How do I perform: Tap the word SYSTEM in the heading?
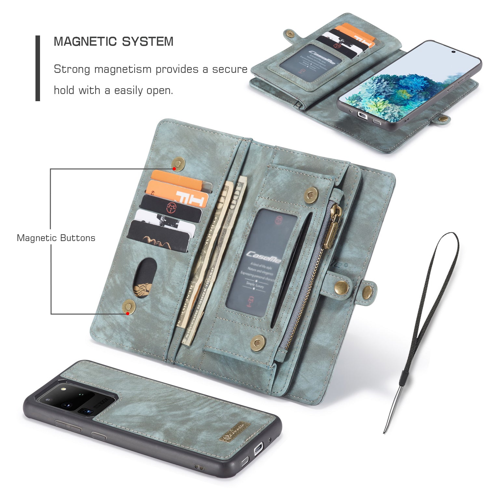[148, 42]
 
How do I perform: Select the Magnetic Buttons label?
[56, 238]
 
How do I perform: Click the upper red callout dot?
[174, 169]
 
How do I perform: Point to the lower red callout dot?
[128, 313]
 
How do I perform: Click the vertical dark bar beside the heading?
[38, 68]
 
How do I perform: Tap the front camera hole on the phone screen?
[453, 51]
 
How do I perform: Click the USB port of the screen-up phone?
[362, 115]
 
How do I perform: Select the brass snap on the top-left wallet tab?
[289, 34]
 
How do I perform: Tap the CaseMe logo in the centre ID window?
[263, 257]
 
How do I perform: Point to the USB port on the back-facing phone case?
[259, 449]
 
